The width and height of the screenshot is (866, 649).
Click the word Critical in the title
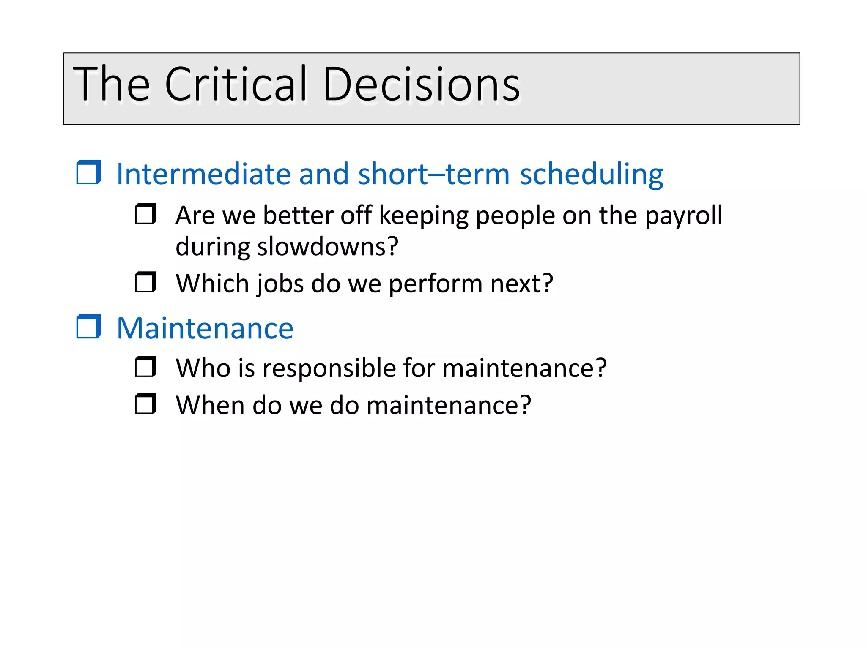pos(235,84)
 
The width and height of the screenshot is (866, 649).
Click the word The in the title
pos(111,84)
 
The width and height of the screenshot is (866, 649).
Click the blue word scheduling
pos(591,175)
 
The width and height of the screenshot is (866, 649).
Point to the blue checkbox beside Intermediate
pos(88,172)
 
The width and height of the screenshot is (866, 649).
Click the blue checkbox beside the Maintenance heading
pos(88,327)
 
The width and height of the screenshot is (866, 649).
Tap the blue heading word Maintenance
pos(205,328)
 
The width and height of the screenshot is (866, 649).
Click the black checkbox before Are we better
pos(145,214)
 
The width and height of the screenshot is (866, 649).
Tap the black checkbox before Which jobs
pos(145,282)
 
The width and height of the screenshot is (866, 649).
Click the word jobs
pos(280,284)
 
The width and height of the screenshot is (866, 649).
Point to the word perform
pos(435,284)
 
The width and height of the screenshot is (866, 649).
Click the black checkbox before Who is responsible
pos(145,367)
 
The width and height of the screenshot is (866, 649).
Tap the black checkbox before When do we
pos(145,404)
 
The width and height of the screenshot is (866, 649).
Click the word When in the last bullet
pos(210,405)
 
